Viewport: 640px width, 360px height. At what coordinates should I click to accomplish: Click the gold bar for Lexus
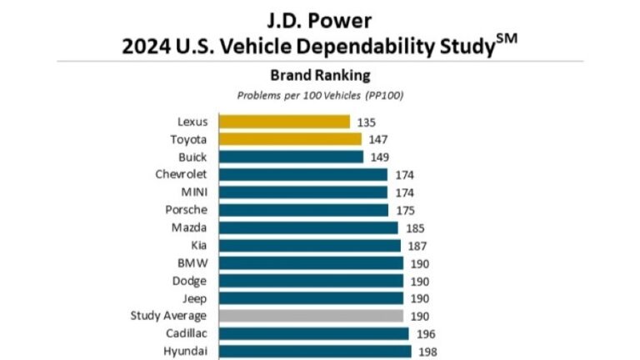(283, 122)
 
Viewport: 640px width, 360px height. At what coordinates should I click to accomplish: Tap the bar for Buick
(291, 157)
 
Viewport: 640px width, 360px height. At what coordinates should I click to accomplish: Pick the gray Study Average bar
(311, 316)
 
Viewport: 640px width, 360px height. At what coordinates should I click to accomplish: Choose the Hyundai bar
(314, 351)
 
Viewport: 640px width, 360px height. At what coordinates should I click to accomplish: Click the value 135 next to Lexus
(367, 122)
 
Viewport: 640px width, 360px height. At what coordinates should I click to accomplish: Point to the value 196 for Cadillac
(426, 333)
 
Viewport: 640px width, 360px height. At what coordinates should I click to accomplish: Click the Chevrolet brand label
(181, 174)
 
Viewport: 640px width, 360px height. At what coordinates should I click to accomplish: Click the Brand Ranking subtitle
(320, 75)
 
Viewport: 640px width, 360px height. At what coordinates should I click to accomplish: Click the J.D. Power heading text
(320, 17)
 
